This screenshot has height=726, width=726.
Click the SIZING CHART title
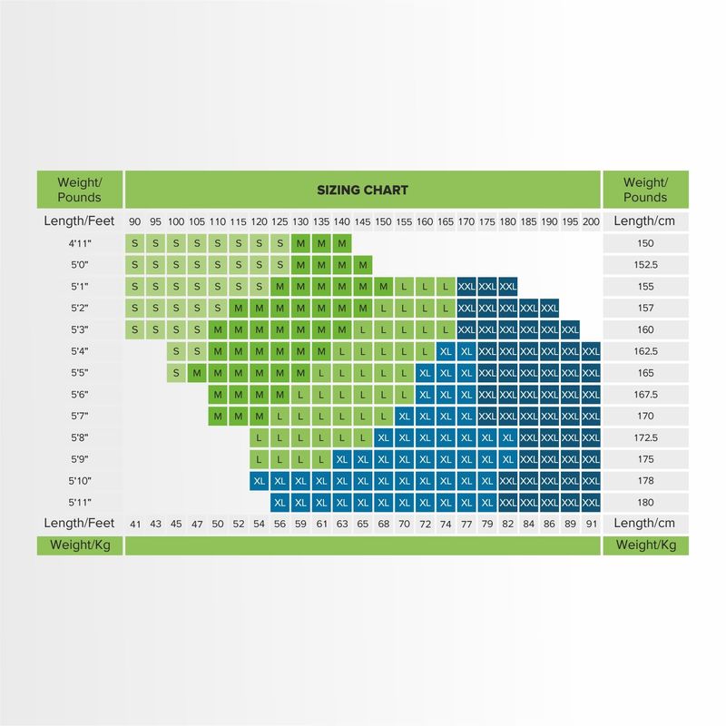362,190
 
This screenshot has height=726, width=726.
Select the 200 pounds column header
591,221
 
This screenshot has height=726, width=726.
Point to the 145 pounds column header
362,221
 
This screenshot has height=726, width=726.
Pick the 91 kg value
591,524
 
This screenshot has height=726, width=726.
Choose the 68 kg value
383,524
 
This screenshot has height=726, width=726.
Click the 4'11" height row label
80,243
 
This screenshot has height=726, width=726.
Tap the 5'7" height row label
80,417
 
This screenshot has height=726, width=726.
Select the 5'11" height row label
80,502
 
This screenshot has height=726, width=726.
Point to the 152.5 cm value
644,265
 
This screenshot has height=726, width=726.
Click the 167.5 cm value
644,395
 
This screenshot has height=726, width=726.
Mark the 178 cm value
644,481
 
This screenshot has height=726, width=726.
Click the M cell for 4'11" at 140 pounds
341,243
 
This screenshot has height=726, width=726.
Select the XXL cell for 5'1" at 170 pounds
466,286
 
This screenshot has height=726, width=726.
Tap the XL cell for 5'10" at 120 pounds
260,481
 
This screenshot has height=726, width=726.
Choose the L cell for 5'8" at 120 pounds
260,437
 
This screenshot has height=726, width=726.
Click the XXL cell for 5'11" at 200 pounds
591,502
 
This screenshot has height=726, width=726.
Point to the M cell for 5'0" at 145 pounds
362,265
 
